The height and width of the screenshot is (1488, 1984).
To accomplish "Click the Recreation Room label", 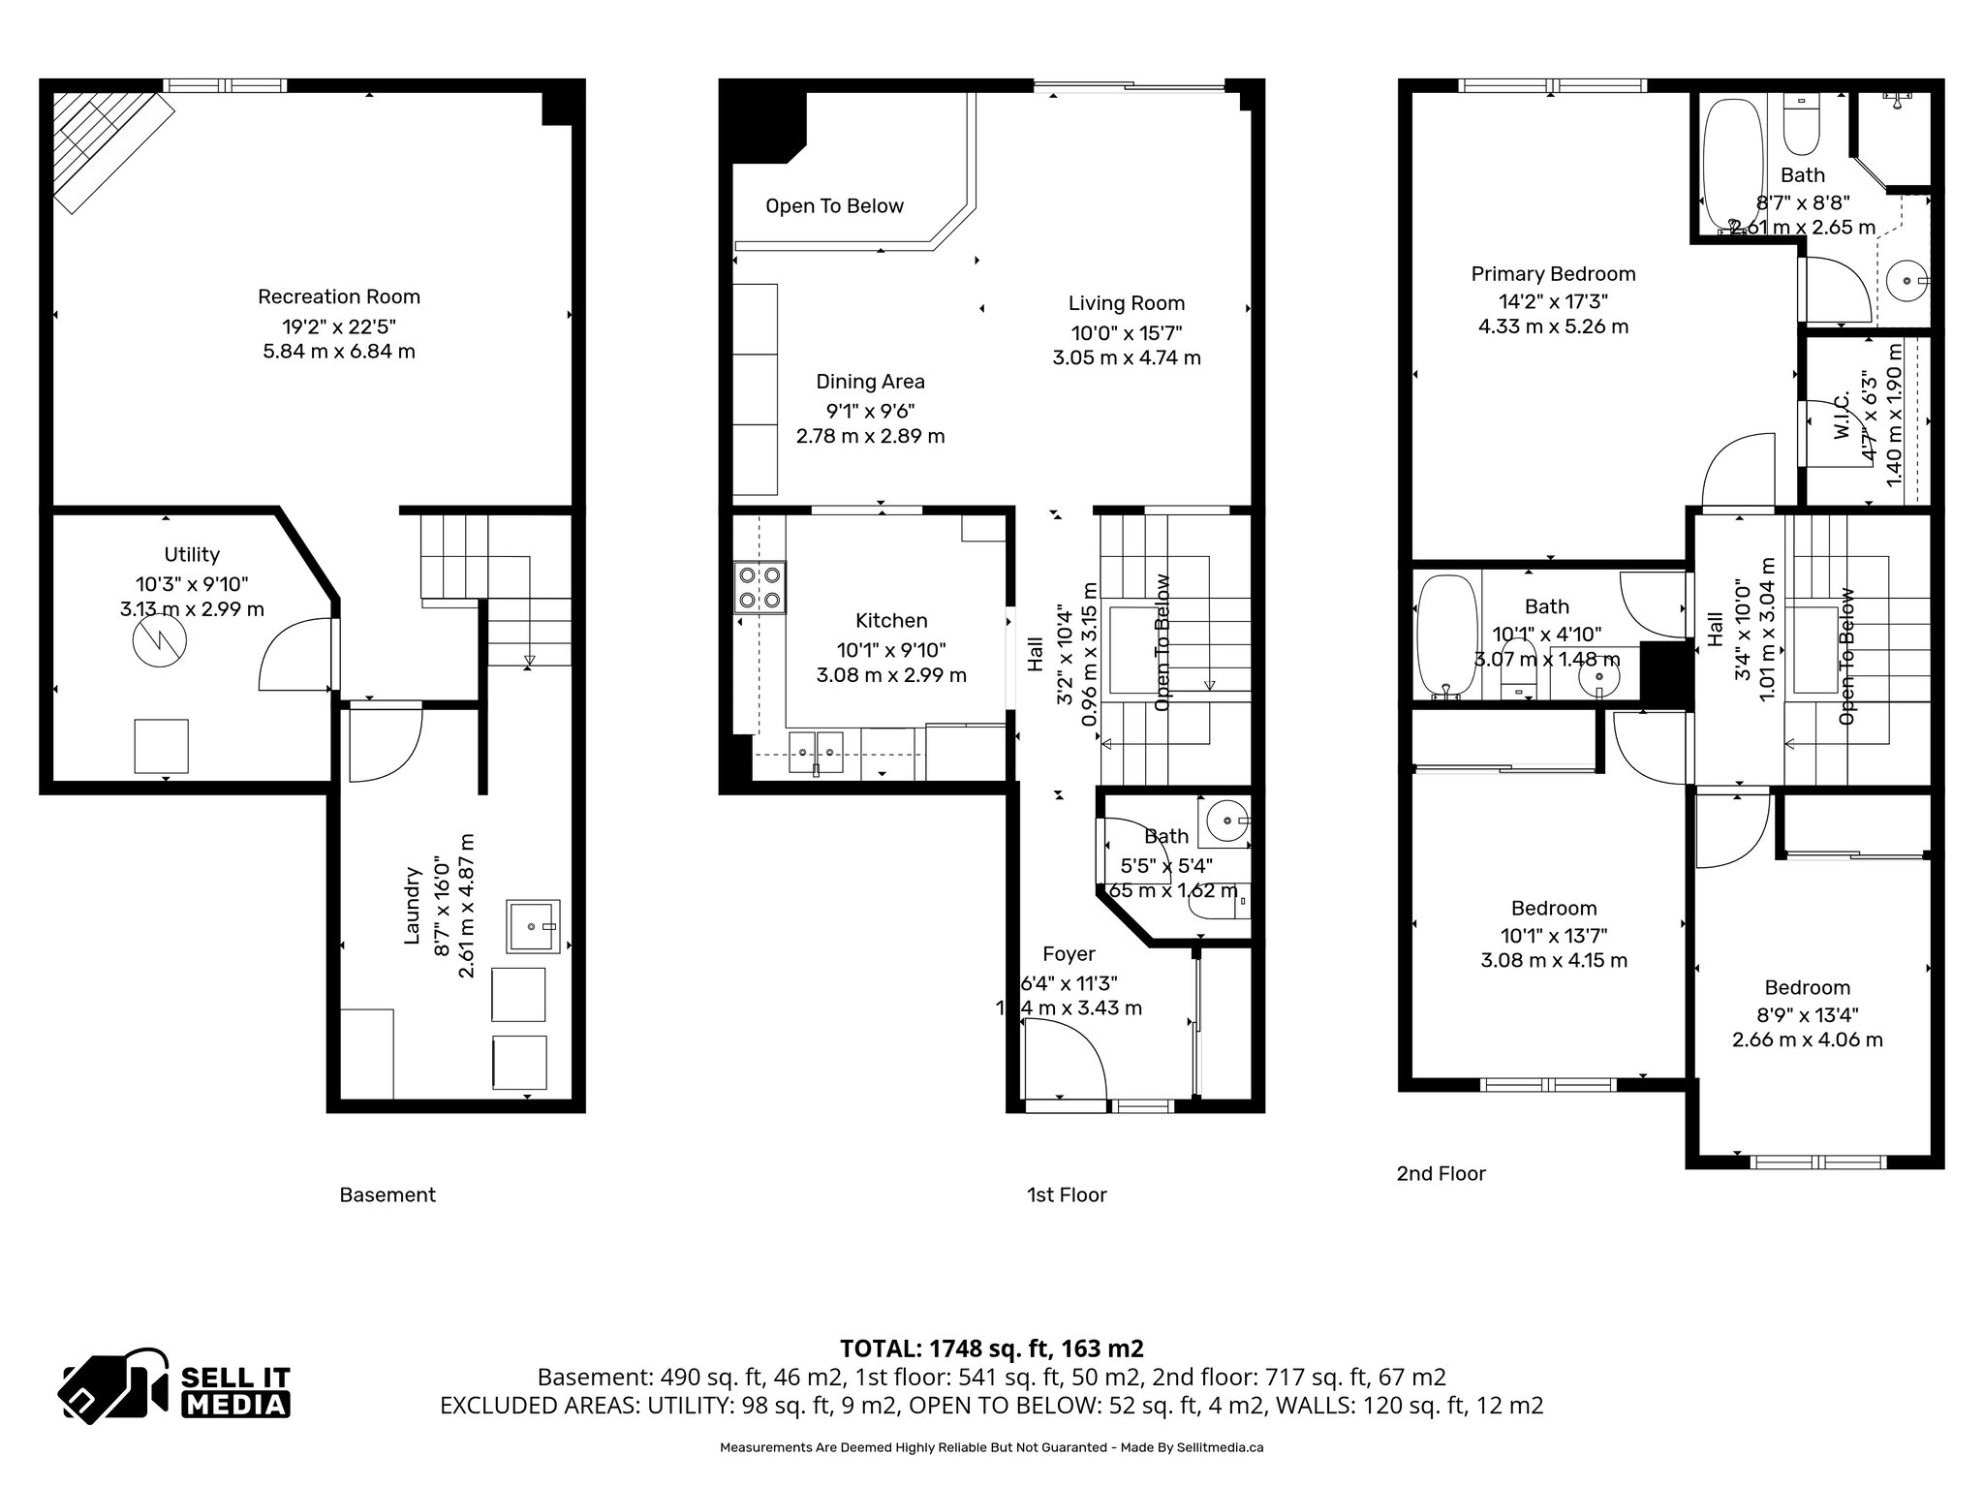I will [338, 296].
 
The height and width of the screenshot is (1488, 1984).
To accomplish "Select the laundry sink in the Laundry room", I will [533, 926].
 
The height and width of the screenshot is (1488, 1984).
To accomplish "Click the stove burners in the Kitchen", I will [759, 587].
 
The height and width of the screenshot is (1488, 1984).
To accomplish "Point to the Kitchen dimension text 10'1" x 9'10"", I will [891, 650].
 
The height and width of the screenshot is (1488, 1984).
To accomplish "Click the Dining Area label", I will [870, 382].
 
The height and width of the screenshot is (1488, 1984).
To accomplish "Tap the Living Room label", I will [1127, 303].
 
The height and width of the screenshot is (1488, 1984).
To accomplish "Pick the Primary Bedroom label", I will [1553, 274].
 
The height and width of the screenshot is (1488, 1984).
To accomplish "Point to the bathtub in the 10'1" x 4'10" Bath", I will [1445, 635].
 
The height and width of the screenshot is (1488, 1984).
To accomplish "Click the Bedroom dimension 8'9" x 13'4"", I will [1808, 1014].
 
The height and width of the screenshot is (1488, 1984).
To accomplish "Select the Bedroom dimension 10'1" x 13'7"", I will [1554, 936].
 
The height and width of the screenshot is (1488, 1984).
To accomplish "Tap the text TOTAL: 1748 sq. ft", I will [991, 1348].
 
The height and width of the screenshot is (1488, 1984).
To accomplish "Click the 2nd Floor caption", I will [1441, 1173].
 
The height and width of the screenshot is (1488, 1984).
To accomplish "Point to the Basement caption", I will [387, 1194].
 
